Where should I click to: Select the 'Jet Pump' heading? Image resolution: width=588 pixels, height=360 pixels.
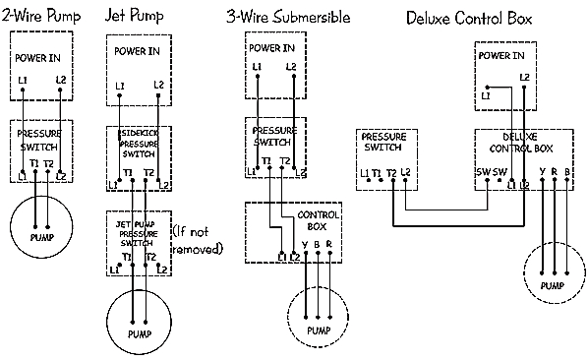(x=135, y=17)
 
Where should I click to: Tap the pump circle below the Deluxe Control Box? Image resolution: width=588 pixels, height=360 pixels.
(x=554, y=272)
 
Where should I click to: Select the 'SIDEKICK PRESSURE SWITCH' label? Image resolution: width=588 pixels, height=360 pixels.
(x=139, y=143)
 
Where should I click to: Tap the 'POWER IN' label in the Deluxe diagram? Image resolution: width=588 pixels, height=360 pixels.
(x=501, y=56)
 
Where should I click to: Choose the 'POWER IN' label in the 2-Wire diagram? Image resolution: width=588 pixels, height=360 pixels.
(x=37, y=56)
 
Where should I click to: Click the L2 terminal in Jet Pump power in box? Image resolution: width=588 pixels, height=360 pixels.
(x=159, y=85)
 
